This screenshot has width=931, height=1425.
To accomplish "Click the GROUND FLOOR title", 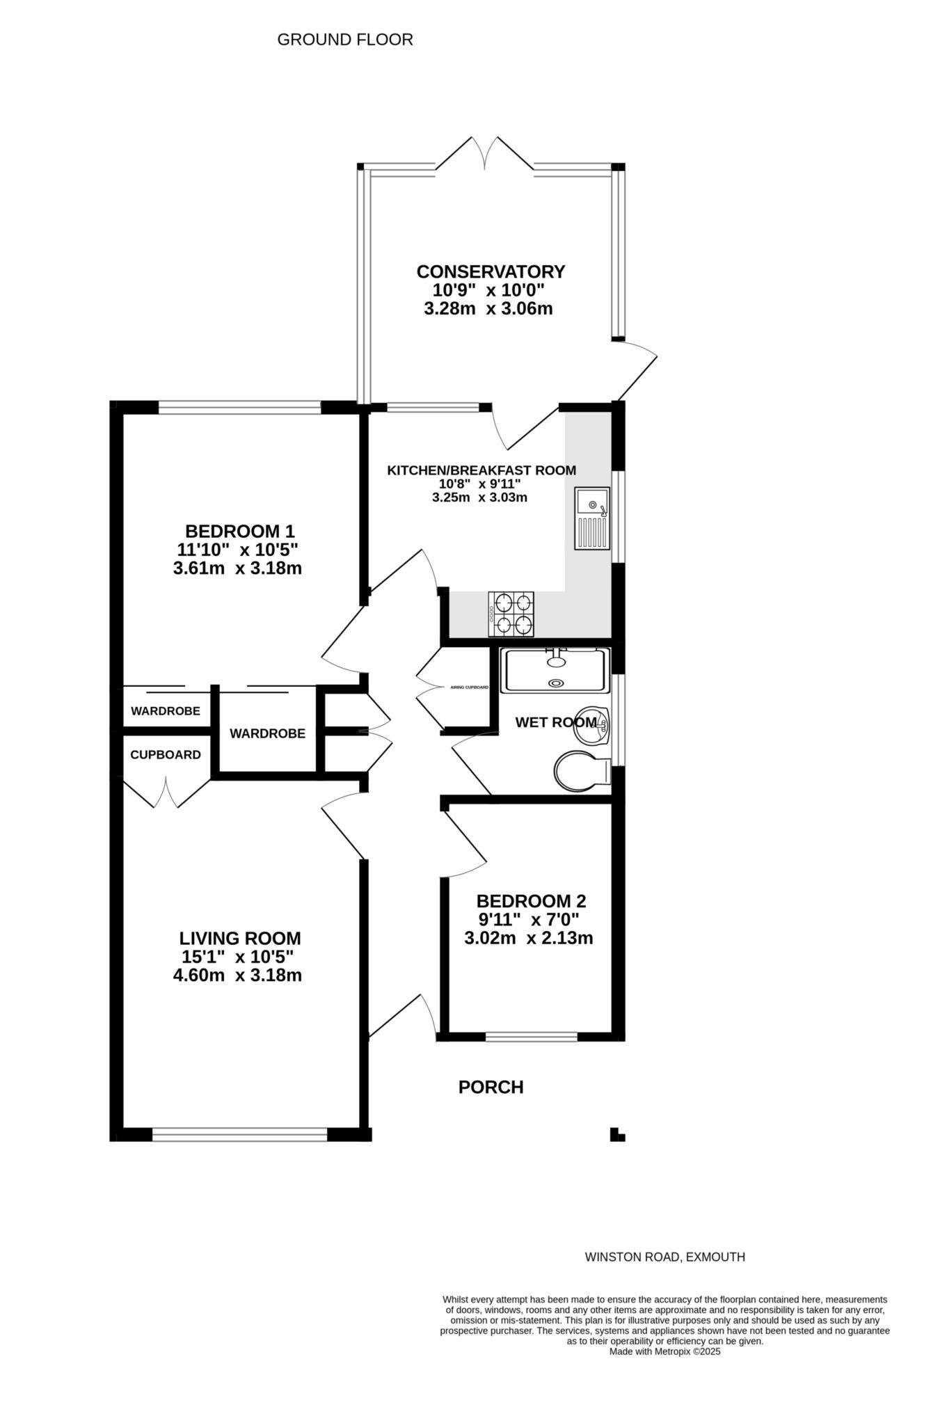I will tap(345, 40).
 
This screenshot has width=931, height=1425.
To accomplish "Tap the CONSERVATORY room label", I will tap(491, 271).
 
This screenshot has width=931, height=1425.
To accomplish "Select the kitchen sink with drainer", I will tap(591, 518).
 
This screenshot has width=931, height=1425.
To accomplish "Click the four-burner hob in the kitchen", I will tap(511, 614).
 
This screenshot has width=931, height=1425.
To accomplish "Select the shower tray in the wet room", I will tap(555, 670).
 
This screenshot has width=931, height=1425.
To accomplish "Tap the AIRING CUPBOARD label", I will tap(470, 687).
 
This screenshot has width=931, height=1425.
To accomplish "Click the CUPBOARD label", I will tap(166, 755).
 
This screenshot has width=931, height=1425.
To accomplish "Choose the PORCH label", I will tap(491, 1087).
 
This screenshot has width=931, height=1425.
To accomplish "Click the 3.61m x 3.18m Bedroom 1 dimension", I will tap(237, 568).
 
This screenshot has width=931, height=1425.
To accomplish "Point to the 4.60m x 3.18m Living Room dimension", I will tap(237, 975).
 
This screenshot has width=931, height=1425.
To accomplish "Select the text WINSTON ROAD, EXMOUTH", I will tap(665, 1257).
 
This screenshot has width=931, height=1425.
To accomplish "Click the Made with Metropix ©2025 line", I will tap(665, 1352).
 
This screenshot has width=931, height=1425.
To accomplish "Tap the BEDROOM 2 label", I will tap(532, 901).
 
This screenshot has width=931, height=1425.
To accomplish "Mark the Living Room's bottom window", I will tap(239, 1135).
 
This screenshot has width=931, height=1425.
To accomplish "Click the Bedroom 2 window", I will tap(532, 1037).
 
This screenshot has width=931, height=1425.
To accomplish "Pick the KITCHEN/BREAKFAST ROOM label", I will tap(482, 470).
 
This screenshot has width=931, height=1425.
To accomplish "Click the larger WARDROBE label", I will tap(267, 733).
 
